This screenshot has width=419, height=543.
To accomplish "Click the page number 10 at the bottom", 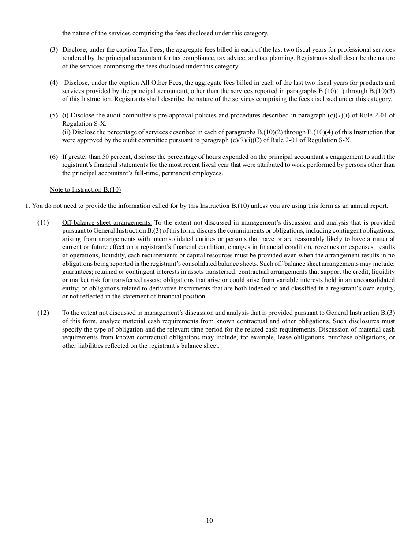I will pyautogui.click(x=209, y=520).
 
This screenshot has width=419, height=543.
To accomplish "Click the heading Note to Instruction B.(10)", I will pyautogui.click(x=85, y=189).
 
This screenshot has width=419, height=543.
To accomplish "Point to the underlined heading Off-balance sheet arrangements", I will pyautogui.click(x=107, y=222).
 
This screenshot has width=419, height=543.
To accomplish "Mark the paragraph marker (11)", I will pyautogui.click(x=43, y=222).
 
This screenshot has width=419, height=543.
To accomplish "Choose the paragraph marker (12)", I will pyautogui.click(x=43, y=313).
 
